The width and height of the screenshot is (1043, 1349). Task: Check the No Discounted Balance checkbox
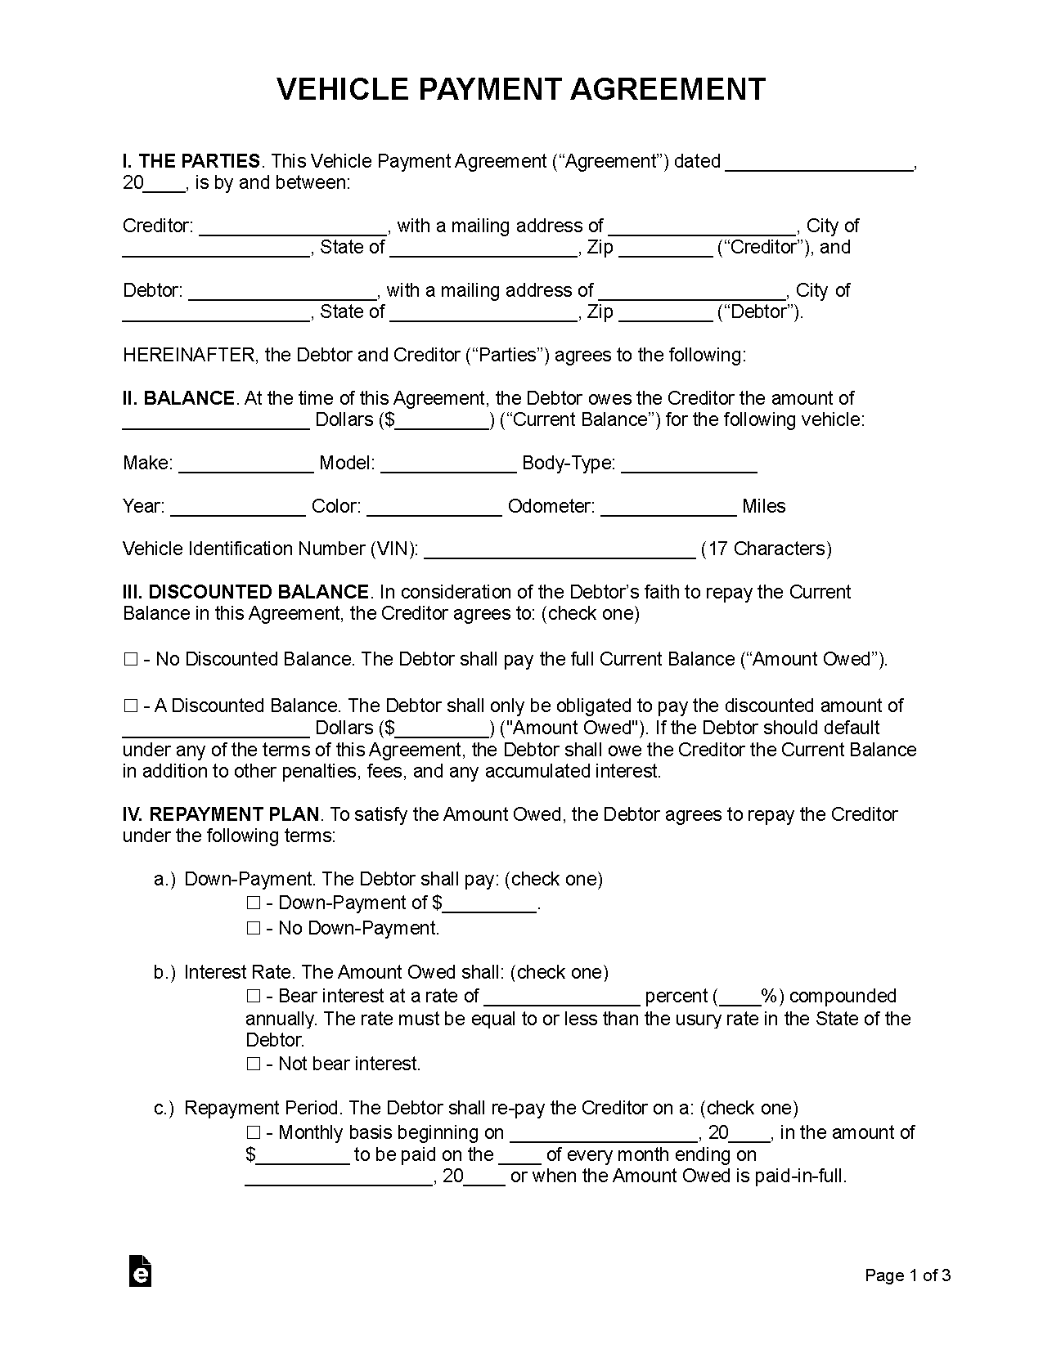click(x=131, y=660)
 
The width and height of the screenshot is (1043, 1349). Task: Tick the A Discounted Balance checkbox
click(x=131, y=706)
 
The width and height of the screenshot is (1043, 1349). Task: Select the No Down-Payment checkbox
click(x=254, y=929)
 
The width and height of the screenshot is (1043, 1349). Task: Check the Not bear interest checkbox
click(x=254, y=1064)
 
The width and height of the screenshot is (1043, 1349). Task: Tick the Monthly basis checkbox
click(x=254, y=1133)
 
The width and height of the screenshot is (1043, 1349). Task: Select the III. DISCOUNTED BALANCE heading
click(x=246, y=593)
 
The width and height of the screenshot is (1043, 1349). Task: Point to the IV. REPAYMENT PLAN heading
click(x=221, y=815)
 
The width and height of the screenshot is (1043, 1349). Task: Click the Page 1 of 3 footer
click(x=908, y=1276)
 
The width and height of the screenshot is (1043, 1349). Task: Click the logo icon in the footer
click(x=141, y=1271)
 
